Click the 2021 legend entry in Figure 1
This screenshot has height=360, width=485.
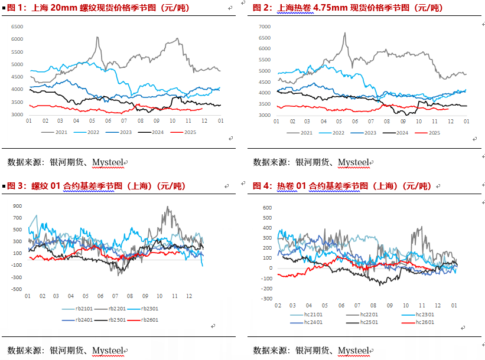pyautogui.click(x=57, y=132)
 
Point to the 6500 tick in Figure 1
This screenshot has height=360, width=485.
pyautogui.click(x=18, y=27)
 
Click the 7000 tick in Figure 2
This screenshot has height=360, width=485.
pyautogui.click(x=265, y=27)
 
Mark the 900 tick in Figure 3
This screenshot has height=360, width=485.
pyautogui.click(x=17, y=206)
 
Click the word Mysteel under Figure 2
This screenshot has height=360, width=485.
pyautogui.click(x=353, y=162)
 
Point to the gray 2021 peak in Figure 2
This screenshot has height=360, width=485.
pyautogui.click(x=344, y=33)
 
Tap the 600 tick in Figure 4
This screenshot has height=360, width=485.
pyautogui.click(x=266, y=208)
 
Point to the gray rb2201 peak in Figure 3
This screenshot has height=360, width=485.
pyautogui.click(x=167, y=207)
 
